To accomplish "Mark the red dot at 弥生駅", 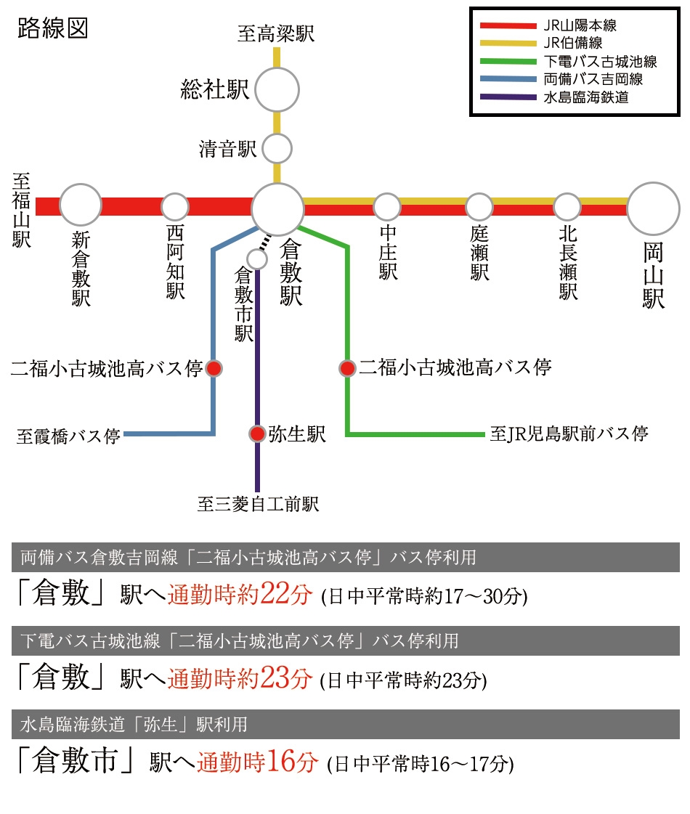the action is pyautogui.click(x=257, y=434).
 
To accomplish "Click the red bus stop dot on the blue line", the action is pyautogui.click(x=214, y=369).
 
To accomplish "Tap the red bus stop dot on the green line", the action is pyautogui.click(x=347, y=369).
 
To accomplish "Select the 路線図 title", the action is pyautogui.click(x=52, y=28).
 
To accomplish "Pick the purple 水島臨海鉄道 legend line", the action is pyautogui.click(x=508, y=97).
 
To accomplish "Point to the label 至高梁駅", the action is pyautogui.click(x=276, y=33).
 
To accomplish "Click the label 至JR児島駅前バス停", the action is pyautogui.click(x=569, y=434).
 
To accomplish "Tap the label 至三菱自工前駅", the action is pyautogui.click(x=258, y=504).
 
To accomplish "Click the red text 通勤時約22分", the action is pyautogui.click(x=240, y=593).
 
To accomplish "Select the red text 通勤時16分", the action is pyautogui.click(x=258, y=762).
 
